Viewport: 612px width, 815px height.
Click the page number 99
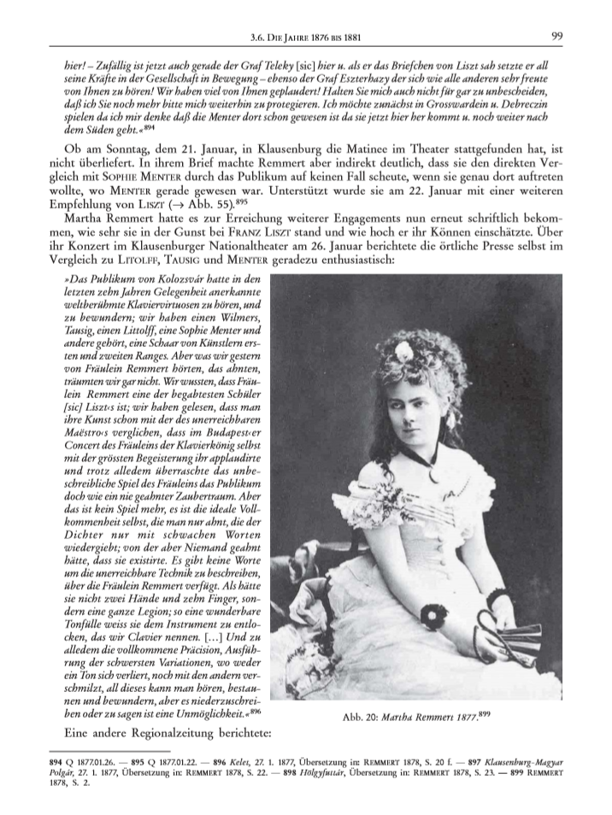[556, 35]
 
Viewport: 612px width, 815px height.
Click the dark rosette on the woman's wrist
[435, 613]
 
